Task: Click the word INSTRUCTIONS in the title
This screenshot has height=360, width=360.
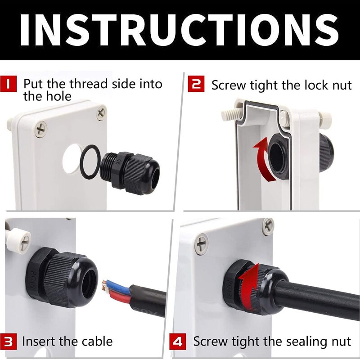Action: [180, 30]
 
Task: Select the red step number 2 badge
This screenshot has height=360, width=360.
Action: [196, 84]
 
